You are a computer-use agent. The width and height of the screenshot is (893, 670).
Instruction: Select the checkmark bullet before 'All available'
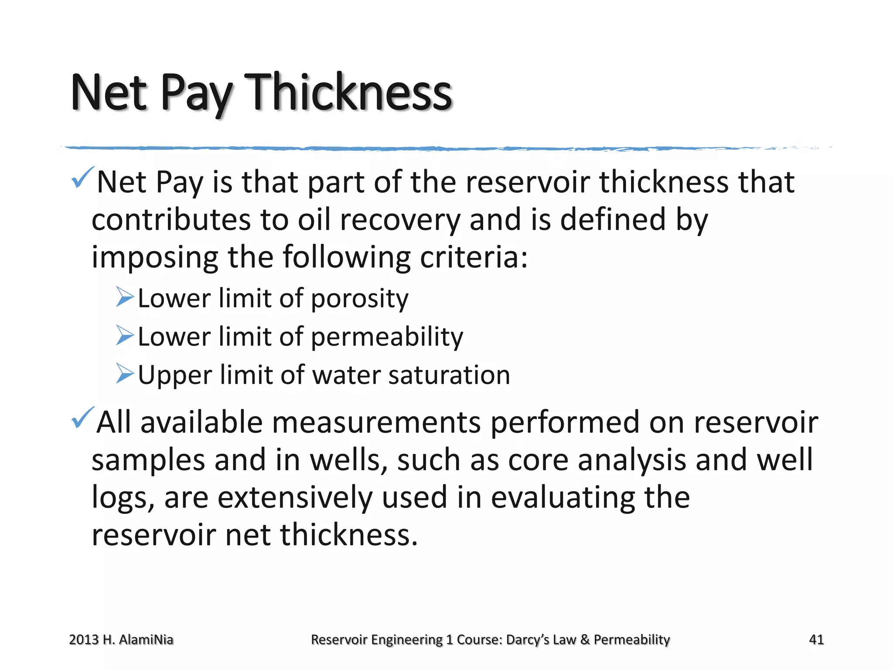(82, 417)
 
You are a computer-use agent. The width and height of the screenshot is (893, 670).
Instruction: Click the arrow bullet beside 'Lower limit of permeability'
(125, 335)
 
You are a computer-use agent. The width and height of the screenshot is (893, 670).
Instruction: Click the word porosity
(360, 299)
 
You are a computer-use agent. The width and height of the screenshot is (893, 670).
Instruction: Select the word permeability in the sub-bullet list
(387, 337)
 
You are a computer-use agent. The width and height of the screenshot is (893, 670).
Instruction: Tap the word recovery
(400, 219)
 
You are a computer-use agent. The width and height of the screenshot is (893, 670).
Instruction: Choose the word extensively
(295, 497)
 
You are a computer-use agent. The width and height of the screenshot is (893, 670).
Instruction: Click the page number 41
(816, 639)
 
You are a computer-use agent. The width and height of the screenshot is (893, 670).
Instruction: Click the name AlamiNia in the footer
(146, 640)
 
